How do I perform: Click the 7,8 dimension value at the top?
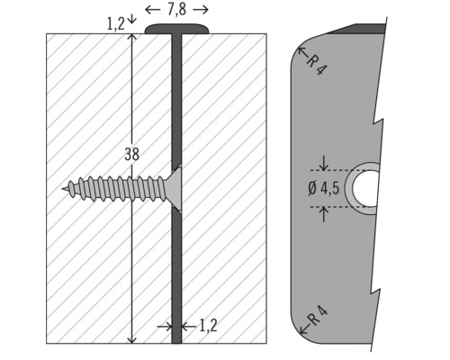[x=176, y=10]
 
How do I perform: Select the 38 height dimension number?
[x=131, y=154]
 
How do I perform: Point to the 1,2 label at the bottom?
[x=208, y=326]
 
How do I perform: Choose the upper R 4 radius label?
[x=315, y=63]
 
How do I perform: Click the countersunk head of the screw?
[x=175, y=189]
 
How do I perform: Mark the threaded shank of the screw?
[x=117, y=189]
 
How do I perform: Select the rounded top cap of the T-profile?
[x=177, y=30]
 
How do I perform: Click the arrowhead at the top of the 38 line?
[x=132, y=39]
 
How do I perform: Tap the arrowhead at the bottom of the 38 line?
[x=132, y=338]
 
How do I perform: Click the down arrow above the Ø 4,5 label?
[x=324, y=165]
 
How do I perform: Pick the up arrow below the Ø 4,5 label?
[x=324, y=213]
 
